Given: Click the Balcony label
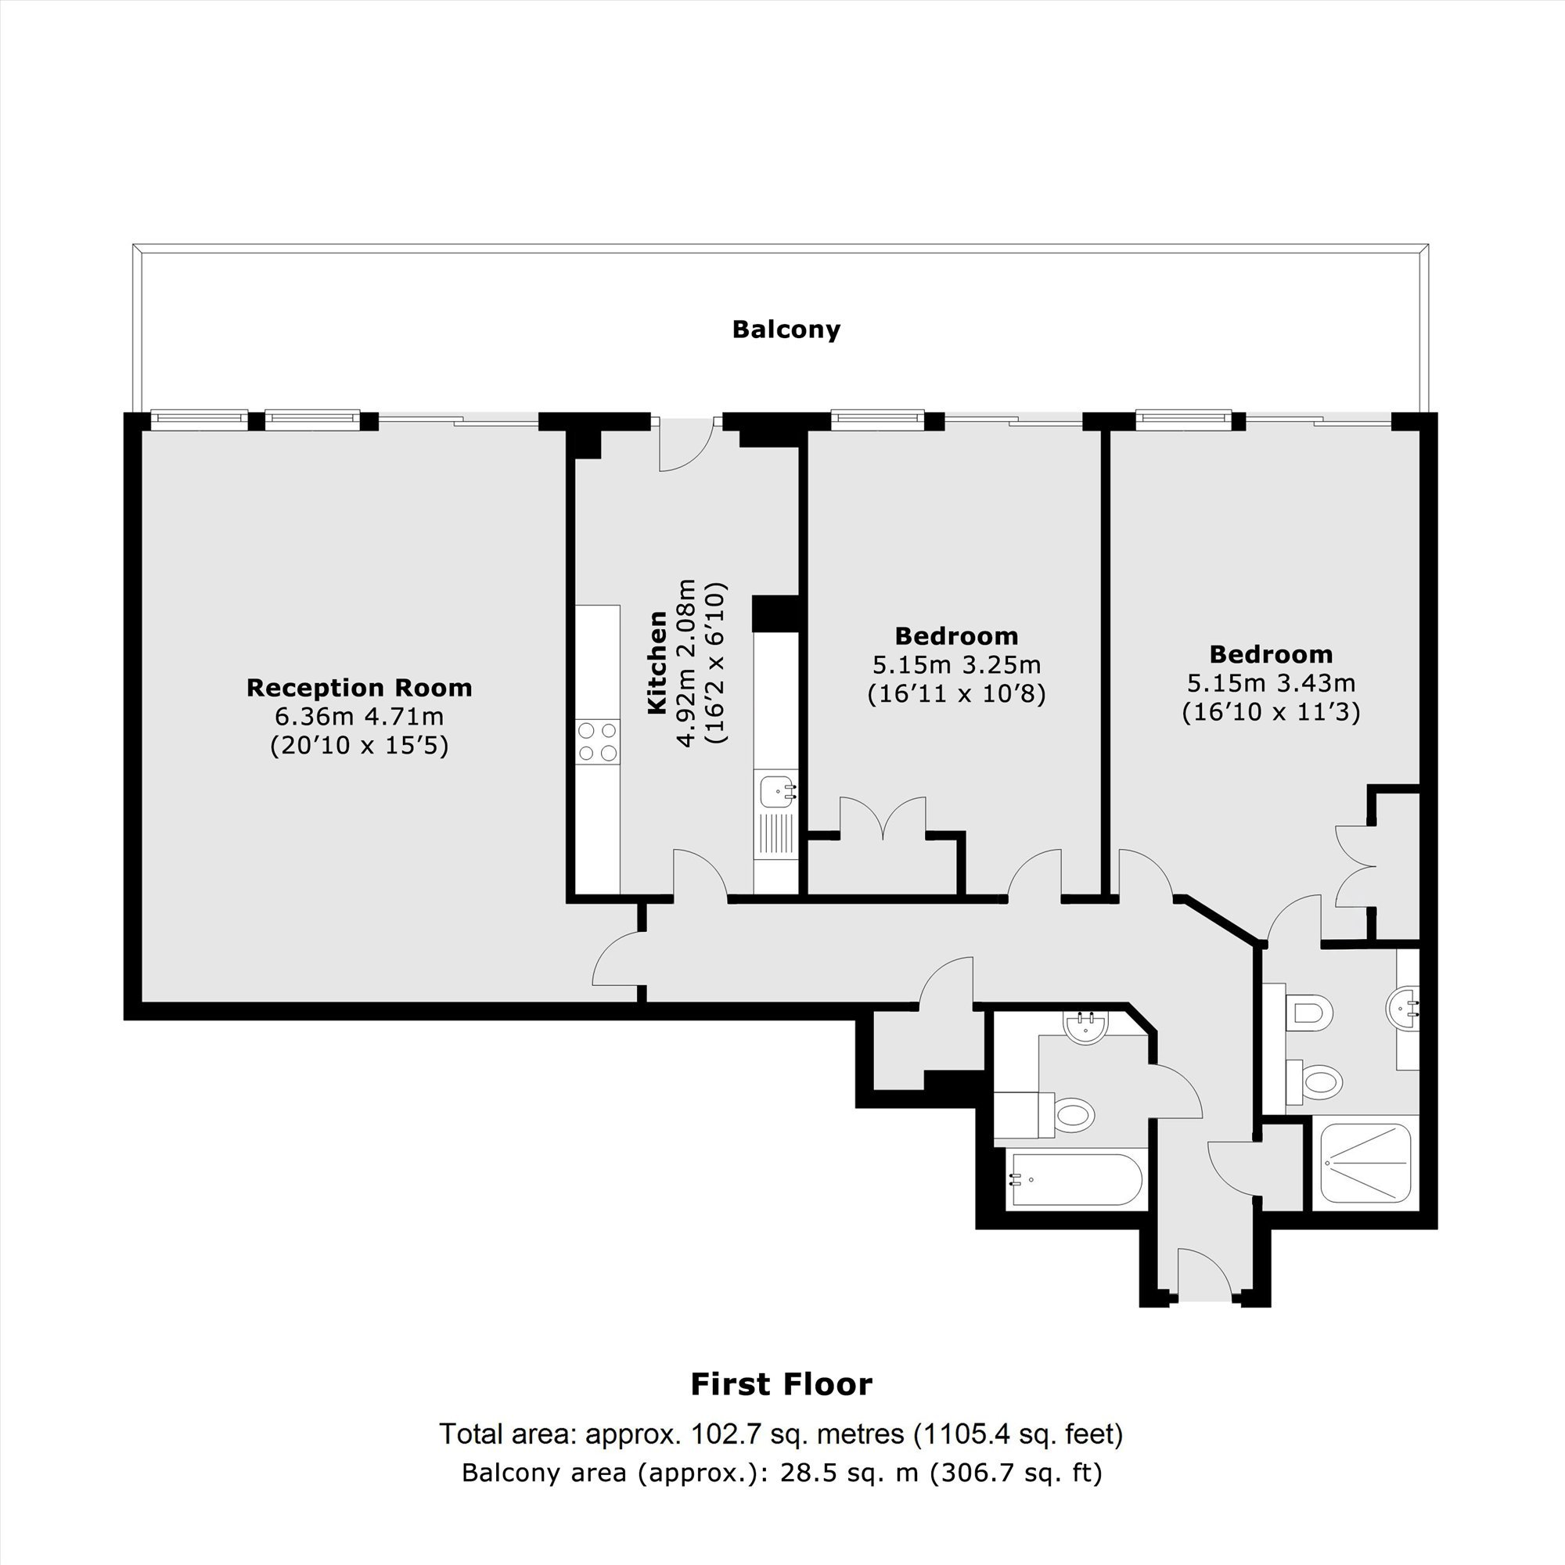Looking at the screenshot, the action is coord(786,329).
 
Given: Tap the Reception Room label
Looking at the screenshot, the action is coord(359,688).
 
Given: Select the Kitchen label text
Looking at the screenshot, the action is coord(657,663).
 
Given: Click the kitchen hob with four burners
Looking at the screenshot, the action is coord(598,742).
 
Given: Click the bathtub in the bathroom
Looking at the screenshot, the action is coord(1074,1179).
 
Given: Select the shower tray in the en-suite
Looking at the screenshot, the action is coord(1365,1164).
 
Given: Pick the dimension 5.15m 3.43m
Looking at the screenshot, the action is coord(1271,683).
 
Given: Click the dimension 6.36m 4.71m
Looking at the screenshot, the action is coord(359,717).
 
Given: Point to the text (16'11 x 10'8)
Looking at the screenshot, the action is coord(956,694).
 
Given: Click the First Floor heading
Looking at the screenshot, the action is coord(782,1384).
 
